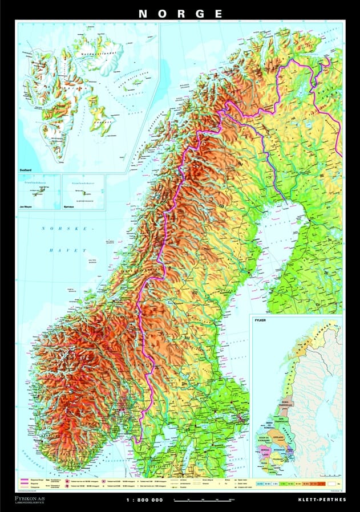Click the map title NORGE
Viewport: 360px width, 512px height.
pos(180,13)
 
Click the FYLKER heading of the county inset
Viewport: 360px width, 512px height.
pos(260,320)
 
